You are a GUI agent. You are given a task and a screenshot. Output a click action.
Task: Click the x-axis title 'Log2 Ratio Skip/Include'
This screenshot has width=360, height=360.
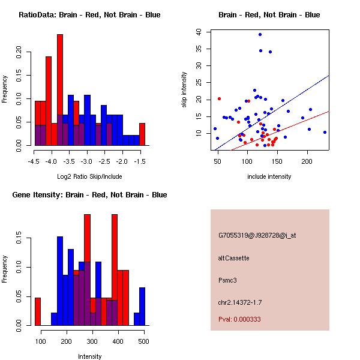88,176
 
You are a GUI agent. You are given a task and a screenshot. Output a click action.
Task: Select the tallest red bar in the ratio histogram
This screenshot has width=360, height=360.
60,90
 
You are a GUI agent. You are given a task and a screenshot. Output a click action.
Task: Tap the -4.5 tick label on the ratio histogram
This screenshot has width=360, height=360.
34,161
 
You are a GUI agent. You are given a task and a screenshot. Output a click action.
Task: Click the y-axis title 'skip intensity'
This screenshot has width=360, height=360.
184,90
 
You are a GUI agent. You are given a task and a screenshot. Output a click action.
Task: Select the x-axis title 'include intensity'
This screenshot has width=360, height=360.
269,176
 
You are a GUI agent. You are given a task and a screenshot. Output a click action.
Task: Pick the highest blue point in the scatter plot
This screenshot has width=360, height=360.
260,34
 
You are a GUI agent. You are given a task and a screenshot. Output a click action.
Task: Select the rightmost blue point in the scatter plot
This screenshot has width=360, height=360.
325,132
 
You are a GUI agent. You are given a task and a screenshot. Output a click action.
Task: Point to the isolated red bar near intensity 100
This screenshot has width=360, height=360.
37,311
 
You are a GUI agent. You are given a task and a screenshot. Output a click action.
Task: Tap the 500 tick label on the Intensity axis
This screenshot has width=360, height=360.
143,341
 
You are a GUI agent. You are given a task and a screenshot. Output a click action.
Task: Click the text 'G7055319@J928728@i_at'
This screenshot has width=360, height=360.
257,235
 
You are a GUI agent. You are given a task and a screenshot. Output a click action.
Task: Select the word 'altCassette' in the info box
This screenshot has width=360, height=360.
233,258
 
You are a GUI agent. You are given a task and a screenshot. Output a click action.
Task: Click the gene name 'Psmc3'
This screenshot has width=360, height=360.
228,280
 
